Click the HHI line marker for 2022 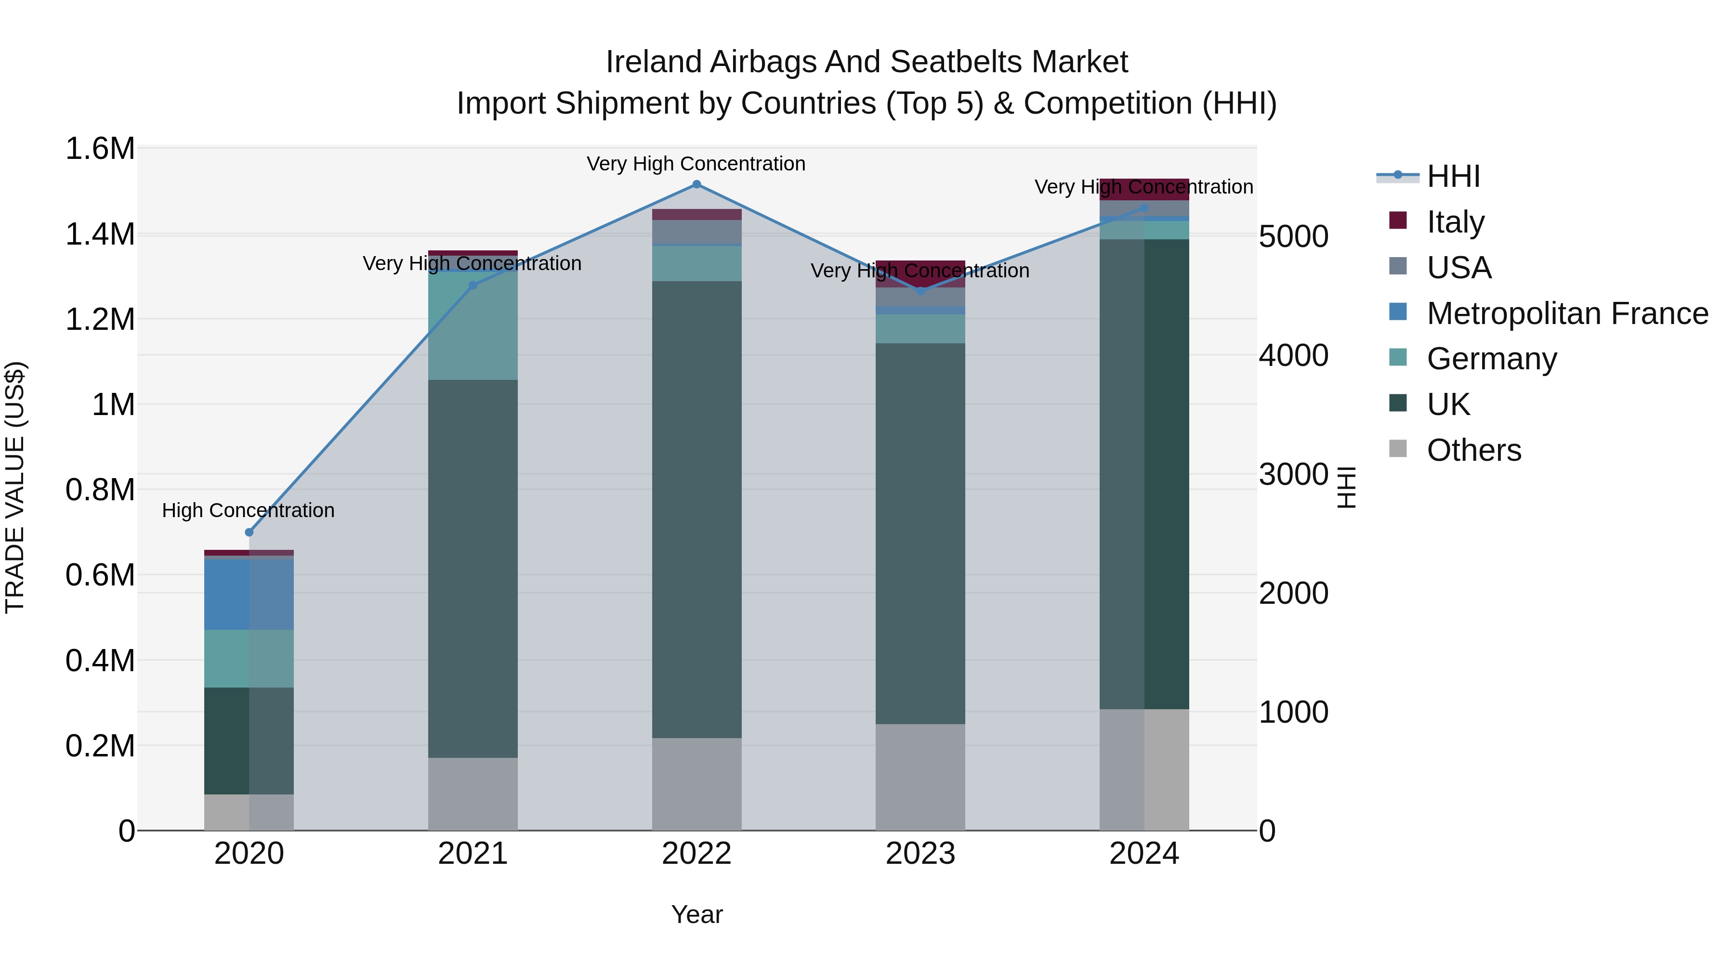point(696,184)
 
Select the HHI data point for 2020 point(249,532)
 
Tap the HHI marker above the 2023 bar point(921,291)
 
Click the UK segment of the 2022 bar point(696,509)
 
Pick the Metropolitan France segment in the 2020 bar point(249,594)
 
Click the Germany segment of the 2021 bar point(473,326)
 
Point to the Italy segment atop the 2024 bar point(1144,190)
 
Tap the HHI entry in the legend point(1453,176)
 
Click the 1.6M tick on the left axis point(100,149)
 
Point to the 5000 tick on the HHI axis point(1293,237)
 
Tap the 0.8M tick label point(100,490)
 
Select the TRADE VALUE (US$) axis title point(15,487)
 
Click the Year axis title point(696,914)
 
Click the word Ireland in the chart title point(654,62)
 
